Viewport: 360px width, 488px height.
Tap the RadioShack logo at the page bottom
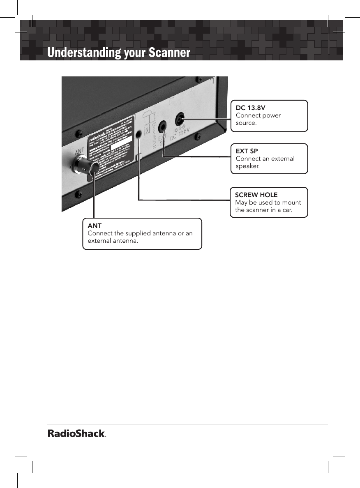[77, 434]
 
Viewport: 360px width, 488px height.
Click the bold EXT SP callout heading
[247, 151]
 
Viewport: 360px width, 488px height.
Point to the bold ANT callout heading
[95, 226]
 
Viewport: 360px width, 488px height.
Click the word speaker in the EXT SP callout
[247, 166]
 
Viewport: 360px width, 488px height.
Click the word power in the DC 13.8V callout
[272, 115]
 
